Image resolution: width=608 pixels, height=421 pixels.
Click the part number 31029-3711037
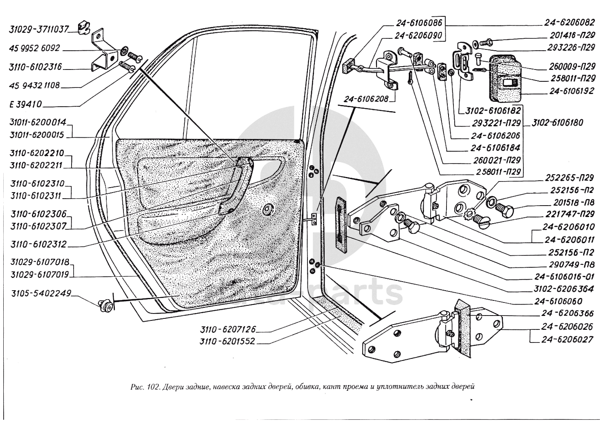click(x=38, y=29)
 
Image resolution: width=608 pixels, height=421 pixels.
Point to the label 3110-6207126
click(x=228, y=329)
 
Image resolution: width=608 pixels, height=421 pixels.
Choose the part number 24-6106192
click(x=571, y=91)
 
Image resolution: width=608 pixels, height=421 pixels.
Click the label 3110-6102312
click(x=39, y=245)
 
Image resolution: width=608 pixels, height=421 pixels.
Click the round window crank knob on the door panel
click(x=269, y=209)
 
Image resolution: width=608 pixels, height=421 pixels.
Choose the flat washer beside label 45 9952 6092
click(x=123, y=52)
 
